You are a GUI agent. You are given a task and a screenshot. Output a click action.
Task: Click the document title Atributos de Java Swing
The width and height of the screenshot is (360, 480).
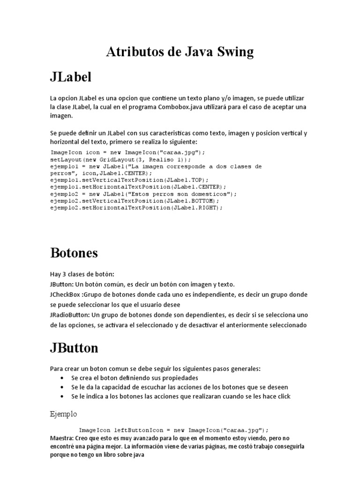coord(180,52)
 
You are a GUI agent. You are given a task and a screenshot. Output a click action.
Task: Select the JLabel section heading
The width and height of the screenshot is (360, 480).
coord(70,77)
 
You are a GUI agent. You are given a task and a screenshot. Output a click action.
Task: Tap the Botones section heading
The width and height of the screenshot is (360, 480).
coord(74,253)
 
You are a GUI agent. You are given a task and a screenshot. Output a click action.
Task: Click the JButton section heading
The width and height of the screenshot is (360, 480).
coord(74,348)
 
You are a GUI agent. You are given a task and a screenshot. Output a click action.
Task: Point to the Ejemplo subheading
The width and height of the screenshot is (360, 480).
coord(63,414)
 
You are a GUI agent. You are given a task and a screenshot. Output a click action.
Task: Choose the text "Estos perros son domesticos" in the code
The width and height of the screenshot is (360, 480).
coord(180,194)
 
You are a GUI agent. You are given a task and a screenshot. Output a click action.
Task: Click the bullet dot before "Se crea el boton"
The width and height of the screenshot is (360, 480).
coord(63,378)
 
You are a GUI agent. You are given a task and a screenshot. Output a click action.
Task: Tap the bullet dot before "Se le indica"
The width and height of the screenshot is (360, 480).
coord(63,397)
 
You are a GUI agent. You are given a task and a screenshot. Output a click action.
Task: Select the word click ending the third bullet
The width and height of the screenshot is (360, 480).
coord(284,397)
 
